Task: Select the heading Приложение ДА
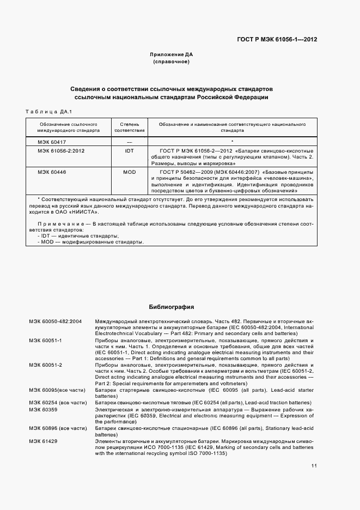coord(172,55)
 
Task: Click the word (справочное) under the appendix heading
coord(172,62)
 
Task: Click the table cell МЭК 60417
coord(51,141)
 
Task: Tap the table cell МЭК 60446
coord(51,172)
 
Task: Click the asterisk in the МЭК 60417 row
coord(232,142)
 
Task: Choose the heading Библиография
coord(172,307)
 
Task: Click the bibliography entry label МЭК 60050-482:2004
coord(56,321)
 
